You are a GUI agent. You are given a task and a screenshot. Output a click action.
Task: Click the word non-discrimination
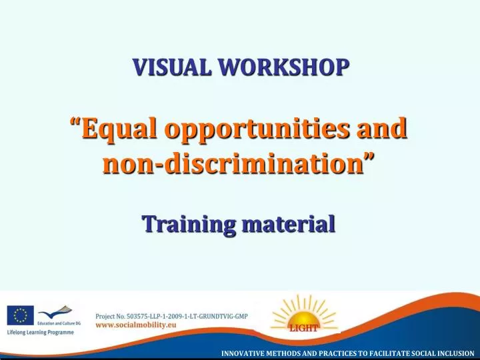click(233, 162)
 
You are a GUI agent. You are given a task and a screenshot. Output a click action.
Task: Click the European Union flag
click(21, 315)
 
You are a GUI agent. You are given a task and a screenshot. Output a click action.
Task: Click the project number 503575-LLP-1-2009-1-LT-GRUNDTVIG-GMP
click(172, 316)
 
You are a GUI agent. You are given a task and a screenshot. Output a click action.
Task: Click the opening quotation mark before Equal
click(75, 123)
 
